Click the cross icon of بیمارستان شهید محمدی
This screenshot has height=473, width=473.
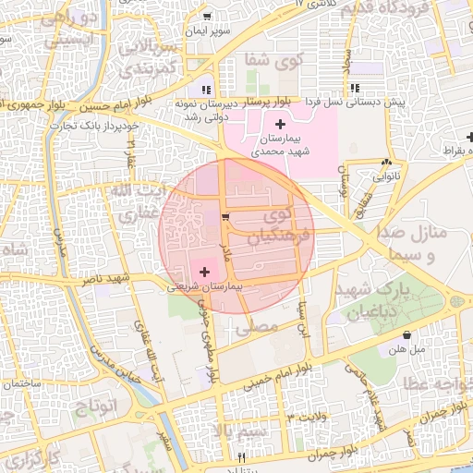click(281, 124)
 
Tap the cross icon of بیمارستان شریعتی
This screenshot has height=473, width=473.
click(204, 272)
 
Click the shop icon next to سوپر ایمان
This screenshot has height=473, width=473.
click(208, 17)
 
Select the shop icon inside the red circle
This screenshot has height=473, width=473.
click(226, 217)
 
